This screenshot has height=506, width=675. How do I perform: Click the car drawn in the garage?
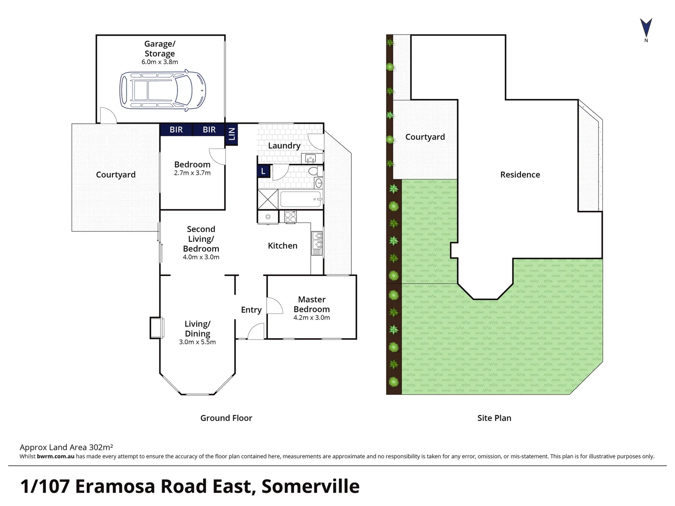pos(163,90)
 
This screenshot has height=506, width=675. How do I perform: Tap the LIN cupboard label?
pos(231,134)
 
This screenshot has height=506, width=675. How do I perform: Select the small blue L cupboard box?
pos(263,171)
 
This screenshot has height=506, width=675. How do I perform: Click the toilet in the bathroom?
pos(317,171)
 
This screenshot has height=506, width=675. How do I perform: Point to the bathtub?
pos(300,199)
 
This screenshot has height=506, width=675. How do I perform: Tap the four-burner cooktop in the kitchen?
pos(290,217)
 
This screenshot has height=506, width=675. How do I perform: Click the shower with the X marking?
pos(268,199)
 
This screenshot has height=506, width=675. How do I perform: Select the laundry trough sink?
pos(311,158)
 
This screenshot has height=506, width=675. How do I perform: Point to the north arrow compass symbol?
pos(646,28)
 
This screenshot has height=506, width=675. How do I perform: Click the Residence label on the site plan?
pos(520,175)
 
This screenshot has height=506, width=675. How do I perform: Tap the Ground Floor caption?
pos(226,418)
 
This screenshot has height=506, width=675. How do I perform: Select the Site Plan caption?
pos(494,418)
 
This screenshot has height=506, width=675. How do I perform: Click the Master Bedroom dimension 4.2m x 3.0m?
pos(312,318)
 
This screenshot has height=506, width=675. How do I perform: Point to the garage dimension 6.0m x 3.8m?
pos(160,62)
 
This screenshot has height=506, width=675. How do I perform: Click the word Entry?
pos(251,310)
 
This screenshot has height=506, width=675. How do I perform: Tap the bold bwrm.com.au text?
pos(55,456)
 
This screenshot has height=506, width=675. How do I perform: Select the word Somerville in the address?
pos(311,486)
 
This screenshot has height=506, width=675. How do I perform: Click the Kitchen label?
pos(282,246)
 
